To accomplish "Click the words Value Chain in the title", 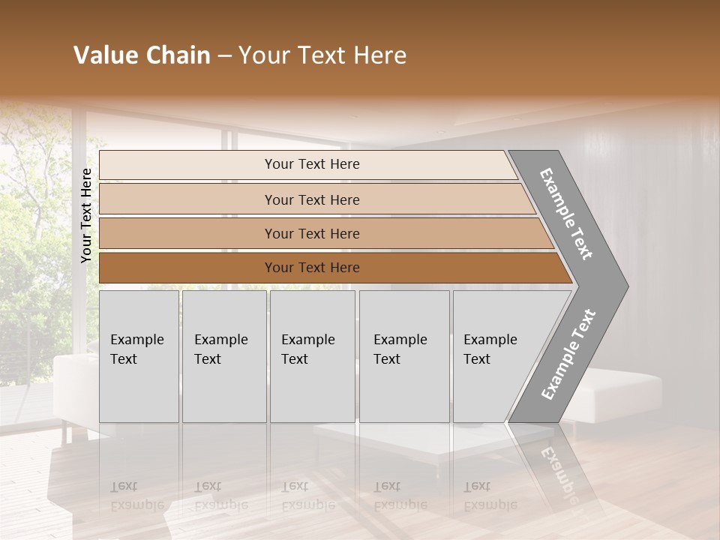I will (x=142, y=55).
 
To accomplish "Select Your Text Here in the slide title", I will (x=322, y=55).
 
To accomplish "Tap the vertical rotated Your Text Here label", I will (x=86, y=216).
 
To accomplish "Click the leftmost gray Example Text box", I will (x=139, y=356).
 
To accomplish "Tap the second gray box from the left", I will (x=223, y=356).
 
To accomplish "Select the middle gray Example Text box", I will (x=312, y=356).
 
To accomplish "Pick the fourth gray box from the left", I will (x=403, y=356).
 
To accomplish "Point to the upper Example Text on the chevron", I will (x=566, y=214).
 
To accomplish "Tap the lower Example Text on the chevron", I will (x=568, y=354).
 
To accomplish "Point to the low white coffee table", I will (x=375, y=442).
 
